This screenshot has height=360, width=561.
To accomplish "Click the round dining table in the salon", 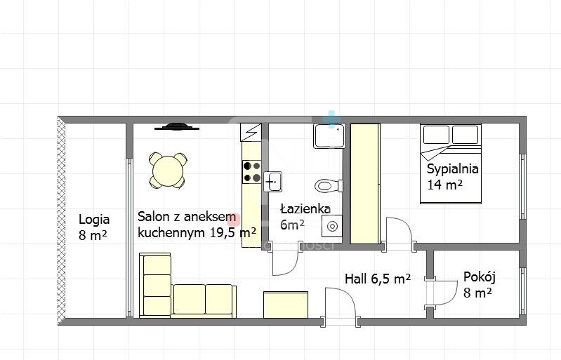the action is click(x=167, y=171).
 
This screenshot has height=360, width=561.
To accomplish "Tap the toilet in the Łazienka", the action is click(x=329, y=186).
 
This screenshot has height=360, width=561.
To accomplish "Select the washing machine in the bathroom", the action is click(x=331, y=226).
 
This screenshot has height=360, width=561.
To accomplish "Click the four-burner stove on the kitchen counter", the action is click(x=252, y=172).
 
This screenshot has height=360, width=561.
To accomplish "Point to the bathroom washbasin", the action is click(x=273, y=182).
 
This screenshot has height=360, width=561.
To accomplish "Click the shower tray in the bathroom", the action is click(x=329, y=136).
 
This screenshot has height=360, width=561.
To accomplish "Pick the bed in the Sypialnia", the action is click(x=451, y=164).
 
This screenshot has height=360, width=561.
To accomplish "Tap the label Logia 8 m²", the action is click(x=94, y=227).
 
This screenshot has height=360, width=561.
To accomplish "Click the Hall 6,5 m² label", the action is click(x=378, y=279).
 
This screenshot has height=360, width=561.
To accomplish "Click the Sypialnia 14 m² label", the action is click(x=453, y=177).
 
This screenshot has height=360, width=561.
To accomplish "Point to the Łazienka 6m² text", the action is click(x=305, y=217).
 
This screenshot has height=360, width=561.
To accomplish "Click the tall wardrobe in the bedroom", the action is click(x=365, y=184).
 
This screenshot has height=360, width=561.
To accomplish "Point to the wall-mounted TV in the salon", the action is click(x=177, y=126).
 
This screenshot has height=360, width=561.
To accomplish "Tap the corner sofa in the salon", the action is click(x=187, y=286).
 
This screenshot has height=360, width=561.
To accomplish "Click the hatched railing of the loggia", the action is click(x=62, y=220).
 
